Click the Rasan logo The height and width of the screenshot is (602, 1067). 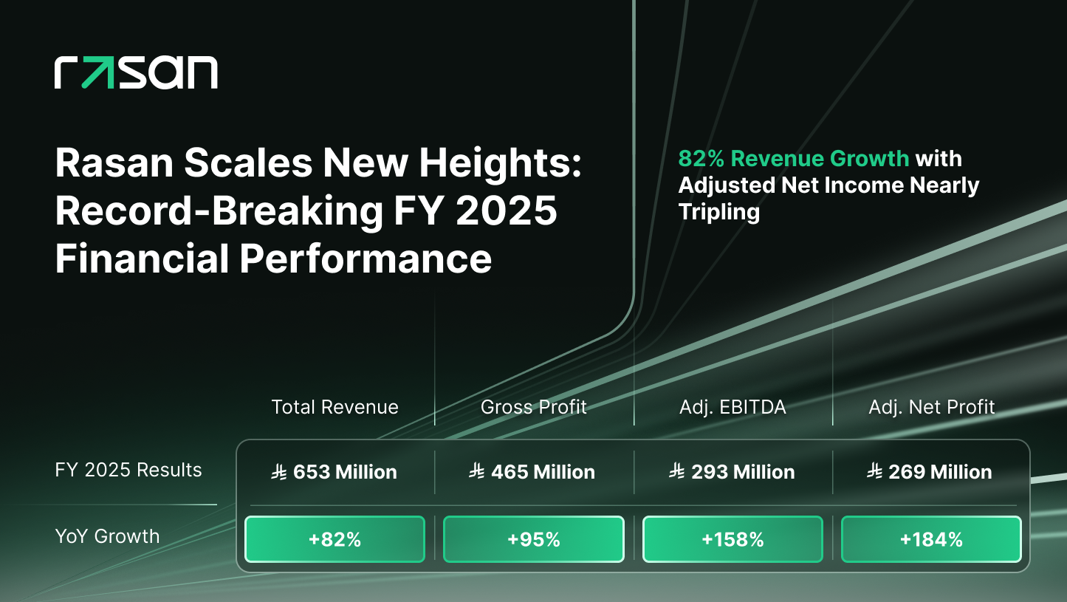coord(136,72)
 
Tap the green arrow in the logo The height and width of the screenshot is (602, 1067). coord(96,72)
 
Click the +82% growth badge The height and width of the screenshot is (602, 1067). coord(334,539)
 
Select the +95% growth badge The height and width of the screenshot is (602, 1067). coord(533,539)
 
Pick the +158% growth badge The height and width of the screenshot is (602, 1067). coord(733,539)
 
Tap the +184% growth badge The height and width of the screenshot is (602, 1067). coord(931,539)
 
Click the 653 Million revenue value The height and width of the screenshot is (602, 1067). coord(344,472)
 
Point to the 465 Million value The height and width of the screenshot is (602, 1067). coord(542,472)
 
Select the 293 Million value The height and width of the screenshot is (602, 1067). coord(742,472)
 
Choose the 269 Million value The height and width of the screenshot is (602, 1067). coord(940,472)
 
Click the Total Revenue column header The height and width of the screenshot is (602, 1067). coord(334,407)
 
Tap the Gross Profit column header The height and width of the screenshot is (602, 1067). coord(533,407)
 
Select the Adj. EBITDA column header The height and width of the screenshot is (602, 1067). coord(733,407)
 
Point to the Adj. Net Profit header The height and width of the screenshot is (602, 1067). coord(931,407)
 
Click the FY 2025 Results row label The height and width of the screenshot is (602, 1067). coord(128,471)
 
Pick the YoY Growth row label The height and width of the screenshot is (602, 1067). coord(107,536)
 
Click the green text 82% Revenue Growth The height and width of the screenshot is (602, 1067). coord(793,159)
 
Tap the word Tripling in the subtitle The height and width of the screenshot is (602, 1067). coord(719,213)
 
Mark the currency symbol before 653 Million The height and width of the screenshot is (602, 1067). coord(280,472)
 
